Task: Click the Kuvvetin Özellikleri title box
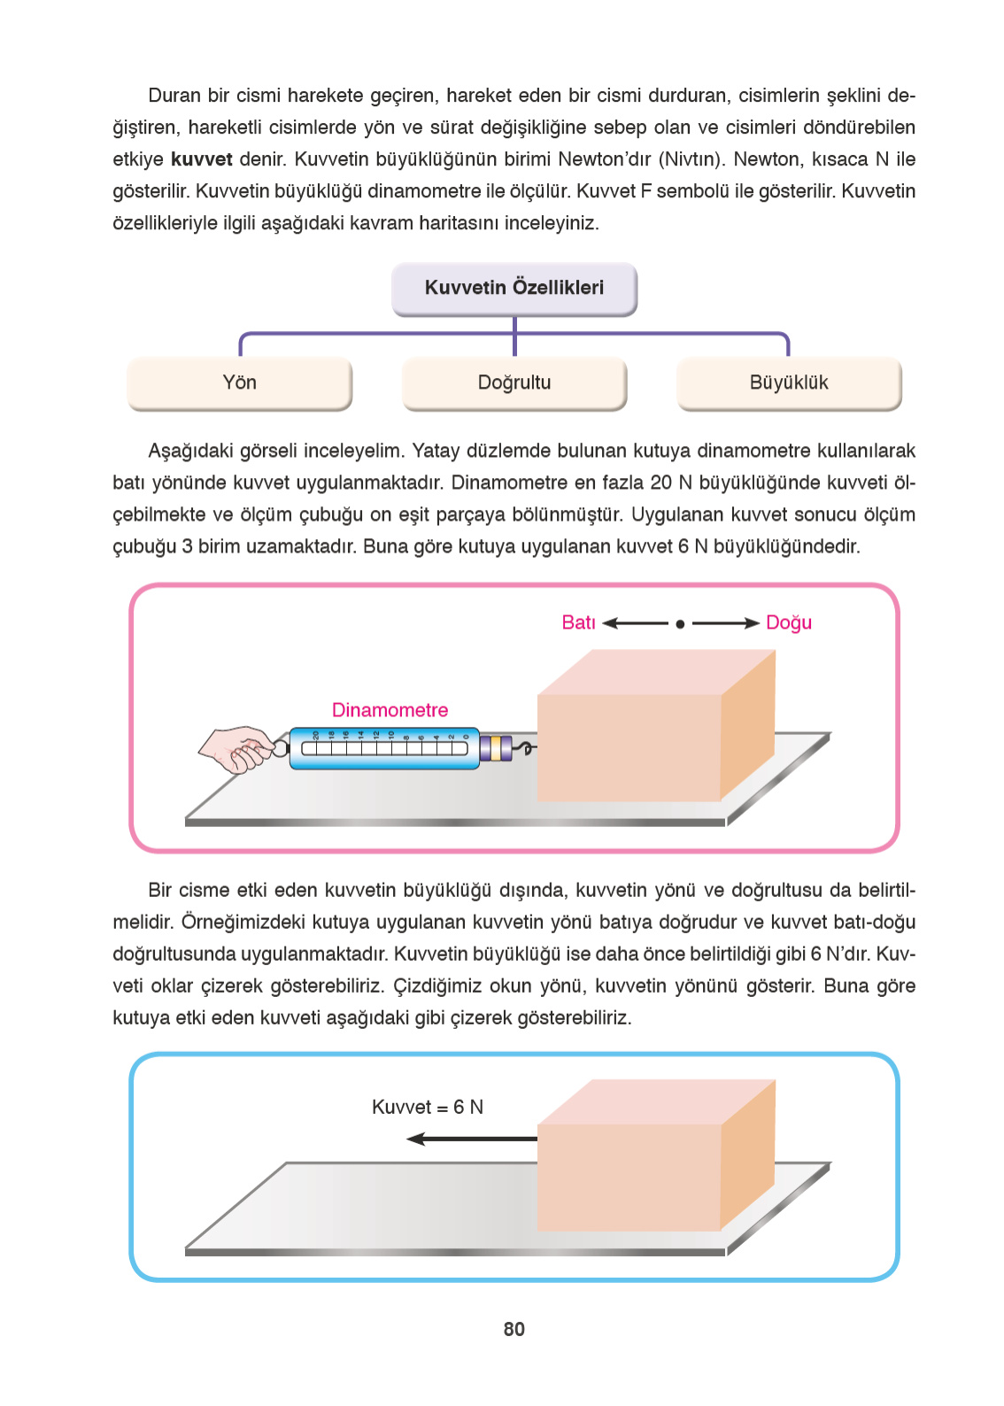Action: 514,289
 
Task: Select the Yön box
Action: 239,383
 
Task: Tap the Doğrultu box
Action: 514,383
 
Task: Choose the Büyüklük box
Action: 788,383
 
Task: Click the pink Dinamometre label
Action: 390,710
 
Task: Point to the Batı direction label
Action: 578,622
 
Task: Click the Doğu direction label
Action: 788,622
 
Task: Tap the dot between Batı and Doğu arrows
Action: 679,624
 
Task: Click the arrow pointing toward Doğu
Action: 725,623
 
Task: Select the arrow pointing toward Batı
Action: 634,623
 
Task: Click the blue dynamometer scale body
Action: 384,749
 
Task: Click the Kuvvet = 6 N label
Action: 427,1107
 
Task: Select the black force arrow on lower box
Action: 472,1139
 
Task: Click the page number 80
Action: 514,1329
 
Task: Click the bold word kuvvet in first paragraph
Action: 201,159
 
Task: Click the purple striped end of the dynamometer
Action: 495,749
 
